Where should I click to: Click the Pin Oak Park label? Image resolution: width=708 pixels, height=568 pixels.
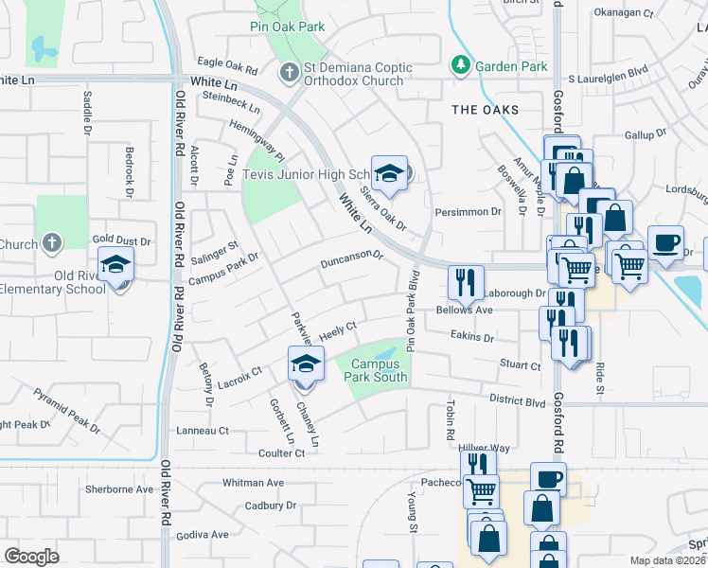click(x=288, y=27)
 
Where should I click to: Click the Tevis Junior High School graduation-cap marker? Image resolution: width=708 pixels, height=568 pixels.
click(x=388, y=173)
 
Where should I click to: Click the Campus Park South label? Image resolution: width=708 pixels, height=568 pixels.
click(x=379, y=370)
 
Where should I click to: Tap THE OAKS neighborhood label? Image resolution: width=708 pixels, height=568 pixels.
click(x=486, y=110)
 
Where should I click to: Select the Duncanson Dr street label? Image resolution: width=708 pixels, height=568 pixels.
click(x=351, y=258)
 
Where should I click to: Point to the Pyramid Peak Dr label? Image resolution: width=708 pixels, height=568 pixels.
click(x=66, y=409)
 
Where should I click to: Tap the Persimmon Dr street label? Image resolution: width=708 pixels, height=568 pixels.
click(x=468, y=212)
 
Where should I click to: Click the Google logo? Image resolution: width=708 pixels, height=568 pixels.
click(x=31, y=556)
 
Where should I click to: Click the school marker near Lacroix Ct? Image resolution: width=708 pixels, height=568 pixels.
click(x=306, y=364)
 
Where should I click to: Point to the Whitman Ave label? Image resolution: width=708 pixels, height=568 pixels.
click(x=253, y=483)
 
